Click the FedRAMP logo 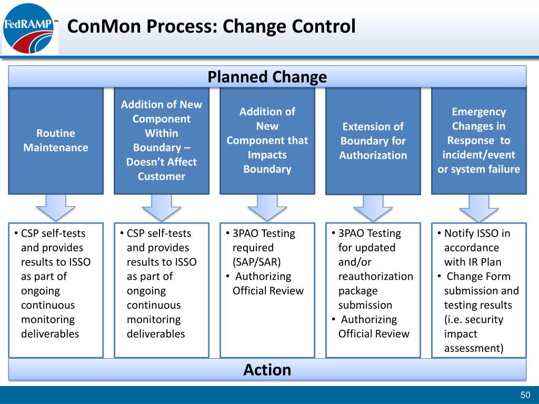point(29,28)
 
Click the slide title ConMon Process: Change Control point(211,26)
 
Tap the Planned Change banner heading point(267,77)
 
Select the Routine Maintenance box point(56,141)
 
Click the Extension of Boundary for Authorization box point(373,141)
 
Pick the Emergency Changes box point(479,141)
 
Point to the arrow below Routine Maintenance point(56,208)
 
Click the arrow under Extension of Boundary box point(373,208)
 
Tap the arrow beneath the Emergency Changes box point(479,208)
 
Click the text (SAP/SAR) point(257,262)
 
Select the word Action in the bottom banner point(267,370)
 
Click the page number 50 point(525,395)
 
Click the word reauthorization point(376,276)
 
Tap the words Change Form point(478,276)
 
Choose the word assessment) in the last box point(474,348)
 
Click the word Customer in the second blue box point(162,176)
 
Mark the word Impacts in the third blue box point(267,155)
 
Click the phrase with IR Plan point(473,262)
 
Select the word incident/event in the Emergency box point(479,155)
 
